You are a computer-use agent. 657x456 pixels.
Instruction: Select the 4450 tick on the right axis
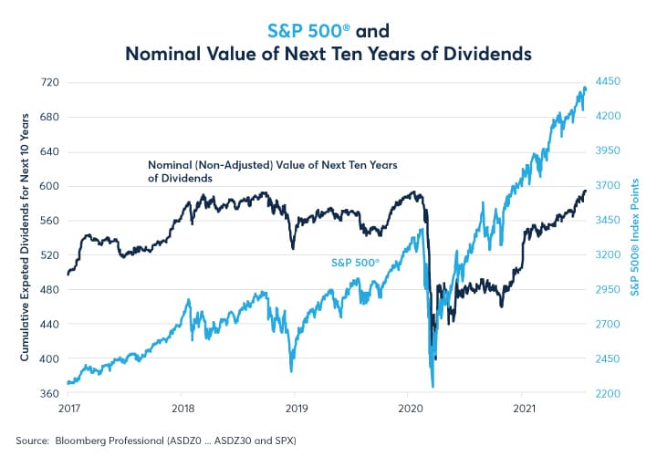pyautogui.click(x=609, y=82)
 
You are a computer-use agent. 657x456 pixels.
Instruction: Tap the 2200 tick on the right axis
pyautogui.click(x=609, y=393)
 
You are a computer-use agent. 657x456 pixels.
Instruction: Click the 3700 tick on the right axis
pyautogui.click(x=609, y=185)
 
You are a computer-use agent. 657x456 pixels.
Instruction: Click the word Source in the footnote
pyautogui.click(x=31, y=440)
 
